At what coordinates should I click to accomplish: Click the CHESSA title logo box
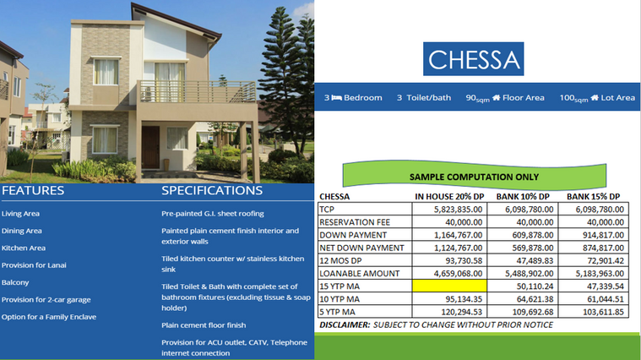[x=474, y=59]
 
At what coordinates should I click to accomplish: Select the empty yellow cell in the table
[x=449, y=286]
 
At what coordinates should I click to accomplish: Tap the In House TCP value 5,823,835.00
[x=458, y=210]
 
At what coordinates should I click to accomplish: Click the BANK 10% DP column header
[x=523, y=197]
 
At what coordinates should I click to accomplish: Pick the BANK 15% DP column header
[x=593, y=197]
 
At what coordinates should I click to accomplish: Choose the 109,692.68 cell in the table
[x=530, y=312]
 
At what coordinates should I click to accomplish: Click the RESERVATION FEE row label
[x=355, y=222]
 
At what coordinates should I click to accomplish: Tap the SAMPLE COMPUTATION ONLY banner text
[x=475, y=177]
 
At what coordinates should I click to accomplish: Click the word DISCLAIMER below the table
[x=345, y=325]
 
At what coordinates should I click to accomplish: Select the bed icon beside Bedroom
[x=336, y=98]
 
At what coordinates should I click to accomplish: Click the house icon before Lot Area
[x=595, y=97]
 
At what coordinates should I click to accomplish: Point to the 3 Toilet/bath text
[x=423, y=98]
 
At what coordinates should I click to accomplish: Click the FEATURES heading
[x=33, y=190]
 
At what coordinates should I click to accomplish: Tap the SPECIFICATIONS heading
[x=212, y=190]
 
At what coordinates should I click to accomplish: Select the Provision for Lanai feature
[x=34, y=265]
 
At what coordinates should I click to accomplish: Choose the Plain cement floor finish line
[x=204, y=325]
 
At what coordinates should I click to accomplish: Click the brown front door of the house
[x=150, y=147]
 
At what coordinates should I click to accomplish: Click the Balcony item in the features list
[x=15, y=283]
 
